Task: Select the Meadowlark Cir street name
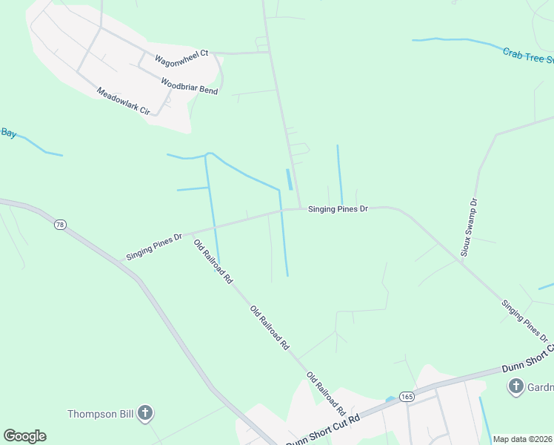[124, 102]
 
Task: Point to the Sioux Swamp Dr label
[470, 227]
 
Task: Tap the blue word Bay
[8, 133]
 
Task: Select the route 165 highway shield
[407, 397]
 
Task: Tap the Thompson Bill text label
[100, 414]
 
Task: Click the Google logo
[24, 436]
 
